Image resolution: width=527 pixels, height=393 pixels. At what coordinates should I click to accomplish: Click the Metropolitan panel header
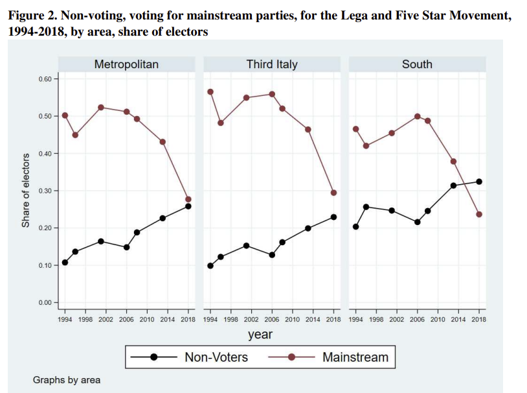tap(126, 64)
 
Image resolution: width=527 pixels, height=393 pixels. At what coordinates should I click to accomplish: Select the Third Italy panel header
tap(272, 64)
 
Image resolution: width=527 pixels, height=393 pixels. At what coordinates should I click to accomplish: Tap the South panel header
tap(417, 64)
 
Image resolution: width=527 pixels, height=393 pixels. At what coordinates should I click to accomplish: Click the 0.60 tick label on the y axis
tap(45, 79)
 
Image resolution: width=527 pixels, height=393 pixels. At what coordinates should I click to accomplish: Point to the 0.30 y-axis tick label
tap(45, 191)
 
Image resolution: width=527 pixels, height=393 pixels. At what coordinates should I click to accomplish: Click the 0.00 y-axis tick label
tap(45, 303)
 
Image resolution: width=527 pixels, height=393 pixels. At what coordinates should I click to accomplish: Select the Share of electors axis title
tap(26, 191)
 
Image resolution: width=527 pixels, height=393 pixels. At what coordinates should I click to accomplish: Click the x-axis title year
tap(260, 335)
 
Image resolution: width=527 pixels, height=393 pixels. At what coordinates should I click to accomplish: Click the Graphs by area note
tap(67, 380)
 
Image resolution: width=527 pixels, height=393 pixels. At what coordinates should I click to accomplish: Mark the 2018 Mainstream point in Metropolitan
tap(188, 199)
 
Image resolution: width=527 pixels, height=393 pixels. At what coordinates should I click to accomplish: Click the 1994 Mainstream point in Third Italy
tap(210, 92)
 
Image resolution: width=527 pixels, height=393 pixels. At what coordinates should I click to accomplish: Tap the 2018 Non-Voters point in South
tap(479, 182)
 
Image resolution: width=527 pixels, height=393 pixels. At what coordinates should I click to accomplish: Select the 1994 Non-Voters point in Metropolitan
tap(65, 263)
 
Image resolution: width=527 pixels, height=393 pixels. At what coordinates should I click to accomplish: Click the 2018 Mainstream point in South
tap(479, 215)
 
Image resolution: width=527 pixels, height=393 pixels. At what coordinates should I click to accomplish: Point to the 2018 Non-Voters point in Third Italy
tap(333, 217)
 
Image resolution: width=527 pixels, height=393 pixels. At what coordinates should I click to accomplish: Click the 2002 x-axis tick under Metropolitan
tap(106, 320)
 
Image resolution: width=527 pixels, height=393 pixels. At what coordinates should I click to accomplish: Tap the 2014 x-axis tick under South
tap(458, 320)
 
